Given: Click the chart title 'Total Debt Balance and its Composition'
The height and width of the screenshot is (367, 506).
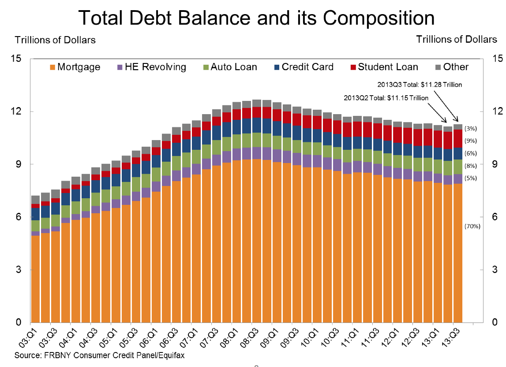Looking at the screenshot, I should pos(256,19).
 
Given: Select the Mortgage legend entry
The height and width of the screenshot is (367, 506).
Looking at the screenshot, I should pos(75,67).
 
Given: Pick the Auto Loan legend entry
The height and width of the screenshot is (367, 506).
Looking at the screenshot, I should pos(229,67).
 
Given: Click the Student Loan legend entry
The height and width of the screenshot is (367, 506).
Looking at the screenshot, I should pos(383,67).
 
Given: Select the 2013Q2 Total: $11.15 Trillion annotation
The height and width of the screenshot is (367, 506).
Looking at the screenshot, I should pos(386,98).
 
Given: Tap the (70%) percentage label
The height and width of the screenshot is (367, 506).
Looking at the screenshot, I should pos(472,226).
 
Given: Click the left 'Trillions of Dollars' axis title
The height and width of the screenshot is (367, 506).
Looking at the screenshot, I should pos(55,40).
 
